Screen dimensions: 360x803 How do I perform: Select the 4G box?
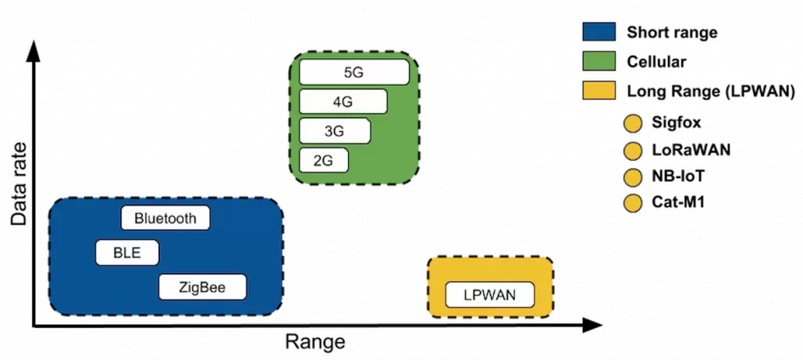point(343,102)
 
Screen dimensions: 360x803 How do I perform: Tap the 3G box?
point(334,131)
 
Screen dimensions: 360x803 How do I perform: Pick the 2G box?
point(323,161)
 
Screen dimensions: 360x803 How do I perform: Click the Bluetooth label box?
point(165,218)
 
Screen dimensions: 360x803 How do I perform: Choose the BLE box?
point(127,253)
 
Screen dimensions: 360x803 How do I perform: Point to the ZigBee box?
point(202,288)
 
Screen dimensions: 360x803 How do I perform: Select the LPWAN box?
point(490,296)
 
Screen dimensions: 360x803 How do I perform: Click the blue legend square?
point(599,31)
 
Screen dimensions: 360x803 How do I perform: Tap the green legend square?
point(599,61)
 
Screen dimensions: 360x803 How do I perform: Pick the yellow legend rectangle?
point(599,90)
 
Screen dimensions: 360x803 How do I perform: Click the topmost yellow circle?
point(633,124)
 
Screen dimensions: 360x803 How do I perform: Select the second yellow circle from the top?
point(633,151)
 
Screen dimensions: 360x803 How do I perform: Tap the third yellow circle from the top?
point(633,177)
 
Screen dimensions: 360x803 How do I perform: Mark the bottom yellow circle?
point(633,204)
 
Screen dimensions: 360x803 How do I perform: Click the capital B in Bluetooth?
point(139,218)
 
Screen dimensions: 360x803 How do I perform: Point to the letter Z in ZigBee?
point(183,288)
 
